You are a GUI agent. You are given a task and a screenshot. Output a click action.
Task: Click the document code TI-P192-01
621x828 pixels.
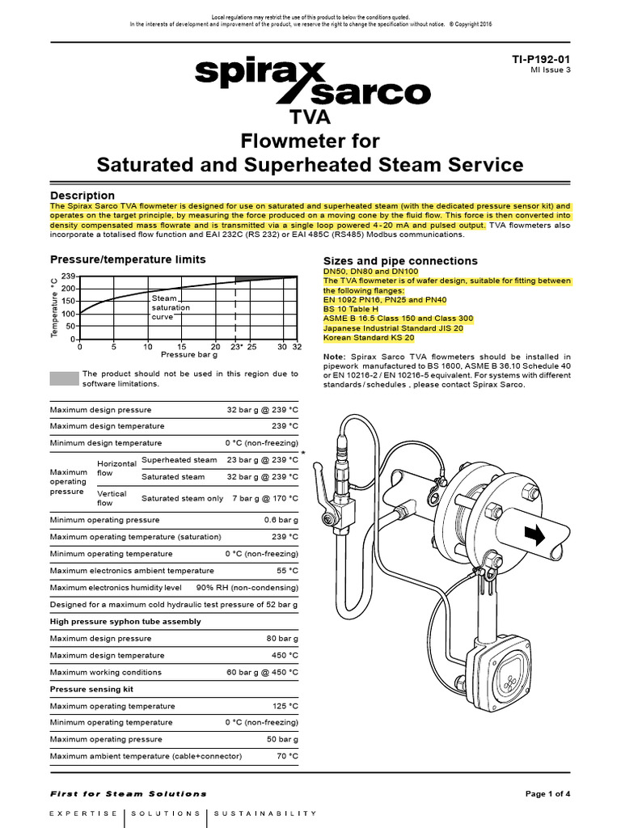[541, 60]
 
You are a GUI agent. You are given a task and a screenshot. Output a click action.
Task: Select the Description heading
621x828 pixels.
[82, 196]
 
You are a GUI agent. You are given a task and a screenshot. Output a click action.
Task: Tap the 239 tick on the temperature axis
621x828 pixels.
[68, 277]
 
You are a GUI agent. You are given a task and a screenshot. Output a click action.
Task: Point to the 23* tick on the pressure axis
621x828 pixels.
[236, 347]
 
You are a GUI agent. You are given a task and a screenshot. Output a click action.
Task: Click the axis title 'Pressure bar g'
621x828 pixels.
[182, 354]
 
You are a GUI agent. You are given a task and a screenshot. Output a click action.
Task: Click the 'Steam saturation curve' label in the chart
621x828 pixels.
[171, 307]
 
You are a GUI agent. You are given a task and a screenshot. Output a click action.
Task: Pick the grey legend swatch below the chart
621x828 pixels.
[64, 378]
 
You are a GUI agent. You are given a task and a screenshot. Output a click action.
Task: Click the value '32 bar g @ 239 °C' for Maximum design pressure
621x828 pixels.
[263, 410]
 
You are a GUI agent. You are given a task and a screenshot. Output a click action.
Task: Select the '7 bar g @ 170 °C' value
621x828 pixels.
[265, 498]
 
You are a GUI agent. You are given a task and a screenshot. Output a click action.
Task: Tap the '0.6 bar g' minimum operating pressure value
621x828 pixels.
[281, 520]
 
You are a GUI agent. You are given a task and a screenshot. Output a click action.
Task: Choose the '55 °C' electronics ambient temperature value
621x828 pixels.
[287, 570]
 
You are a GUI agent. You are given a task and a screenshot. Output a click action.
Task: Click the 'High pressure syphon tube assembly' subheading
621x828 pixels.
[125, 622]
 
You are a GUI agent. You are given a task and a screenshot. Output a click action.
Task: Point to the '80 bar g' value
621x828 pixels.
[282, 639]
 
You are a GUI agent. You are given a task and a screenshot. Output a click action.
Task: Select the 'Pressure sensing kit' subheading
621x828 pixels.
[91, 689]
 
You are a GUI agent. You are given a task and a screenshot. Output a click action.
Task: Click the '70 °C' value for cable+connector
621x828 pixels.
[287, 756]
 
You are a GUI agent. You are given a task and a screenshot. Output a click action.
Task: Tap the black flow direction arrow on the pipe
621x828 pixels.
[534, 535]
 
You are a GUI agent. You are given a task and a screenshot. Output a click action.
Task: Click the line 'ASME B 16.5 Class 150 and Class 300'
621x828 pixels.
[398, 319]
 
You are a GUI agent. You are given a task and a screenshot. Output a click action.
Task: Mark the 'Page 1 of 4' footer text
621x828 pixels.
[548, 794]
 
